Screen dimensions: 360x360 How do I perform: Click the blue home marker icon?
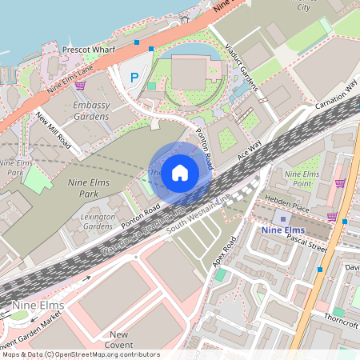tap(180, 172)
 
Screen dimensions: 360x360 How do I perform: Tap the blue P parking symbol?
tap(134, 78)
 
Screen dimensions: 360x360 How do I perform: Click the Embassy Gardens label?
tap(90, 110)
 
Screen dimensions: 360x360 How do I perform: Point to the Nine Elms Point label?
tap(302, 178)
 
